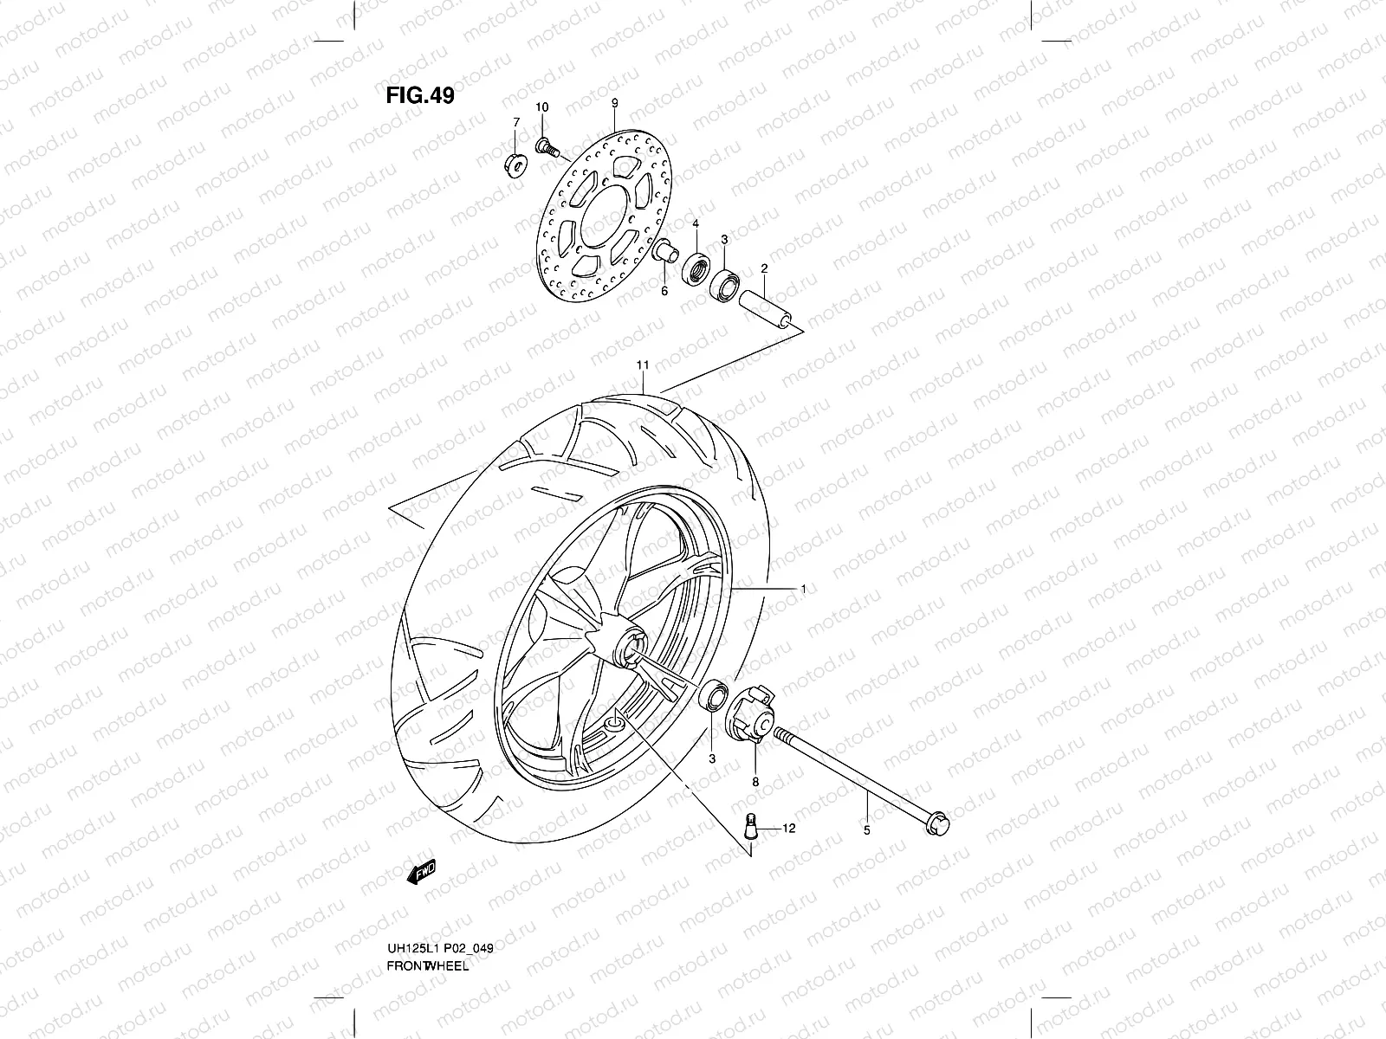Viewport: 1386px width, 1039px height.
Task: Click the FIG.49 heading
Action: click(419, 94)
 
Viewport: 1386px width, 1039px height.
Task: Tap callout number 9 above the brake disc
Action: click(614, 103)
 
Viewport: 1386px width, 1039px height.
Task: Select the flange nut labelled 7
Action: click(515, 162)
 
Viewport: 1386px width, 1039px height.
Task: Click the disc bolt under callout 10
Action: click(546, 145)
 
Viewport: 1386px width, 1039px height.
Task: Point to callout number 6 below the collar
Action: click(664, 291)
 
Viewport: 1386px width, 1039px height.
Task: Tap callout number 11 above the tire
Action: click(642, 365)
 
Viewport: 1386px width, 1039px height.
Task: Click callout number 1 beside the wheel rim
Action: click(803, 589)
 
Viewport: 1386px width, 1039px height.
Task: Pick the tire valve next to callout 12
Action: click(751, 826)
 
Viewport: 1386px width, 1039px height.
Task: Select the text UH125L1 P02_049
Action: click(440, 926)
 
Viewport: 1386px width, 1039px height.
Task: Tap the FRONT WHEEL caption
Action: click(428, 942)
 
